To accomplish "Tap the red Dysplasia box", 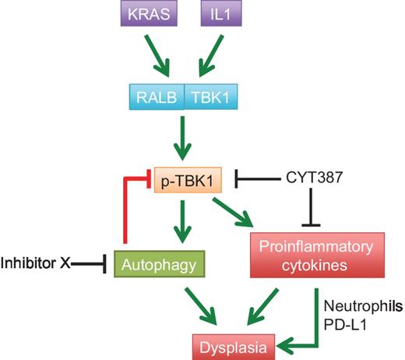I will point(234,344).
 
